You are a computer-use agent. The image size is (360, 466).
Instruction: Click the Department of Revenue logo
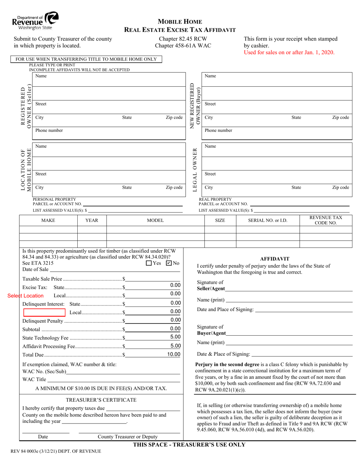click(x=35, y=21)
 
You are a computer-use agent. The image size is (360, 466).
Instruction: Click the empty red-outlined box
click(x=44, y=313)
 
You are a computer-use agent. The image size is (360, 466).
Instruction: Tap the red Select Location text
click(x=25, y=296)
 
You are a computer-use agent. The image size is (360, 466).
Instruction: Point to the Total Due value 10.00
click(x=174, y=354)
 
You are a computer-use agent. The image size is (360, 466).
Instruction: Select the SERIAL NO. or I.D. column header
click(x=268, y=220)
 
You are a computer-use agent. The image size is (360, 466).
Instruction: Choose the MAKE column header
click(x=48, y=220)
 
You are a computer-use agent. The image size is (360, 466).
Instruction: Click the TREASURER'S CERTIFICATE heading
click(x=101, y=400)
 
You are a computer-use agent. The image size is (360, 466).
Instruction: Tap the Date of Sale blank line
click(x=115, y=269)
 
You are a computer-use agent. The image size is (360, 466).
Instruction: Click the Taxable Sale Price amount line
click(x=154, y=279)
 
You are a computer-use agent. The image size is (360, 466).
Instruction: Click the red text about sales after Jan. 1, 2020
click(x=289, y=53)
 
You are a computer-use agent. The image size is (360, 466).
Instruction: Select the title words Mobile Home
click(x=180, y=22)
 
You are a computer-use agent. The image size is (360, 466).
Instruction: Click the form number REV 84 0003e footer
click(x=54, y=451)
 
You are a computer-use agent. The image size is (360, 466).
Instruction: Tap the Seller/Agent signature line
click(x=288, y=289)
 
